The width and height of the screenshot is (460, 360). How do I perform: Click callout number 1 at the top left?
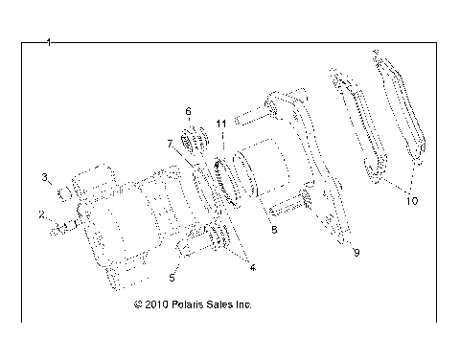(48, 43)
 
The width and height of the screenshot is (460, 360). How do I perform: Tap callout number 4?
(252, 268)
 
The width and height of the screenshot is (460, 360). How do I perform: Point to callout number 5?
(172, 279)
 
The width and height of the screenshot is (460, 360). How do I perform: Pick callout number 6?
(189, 111)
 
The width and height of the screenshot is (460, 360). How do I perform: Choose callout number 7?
(169, 144)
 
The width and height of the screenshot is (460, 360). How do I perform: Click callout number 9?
(356, 251)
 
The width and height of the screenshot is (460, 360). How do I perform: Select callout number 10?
(412, 200)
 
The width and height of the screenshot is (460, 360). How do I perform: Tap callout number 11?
(221, 124)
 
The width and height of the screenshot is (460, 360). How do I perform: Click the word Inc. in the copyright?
(241, 305)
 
